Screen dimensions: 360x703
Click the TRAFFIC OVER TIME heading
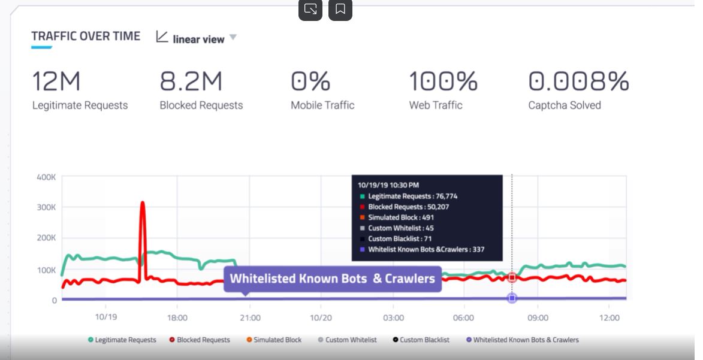[86, 37]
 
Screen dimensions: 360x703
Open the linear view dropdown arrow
[233, 37]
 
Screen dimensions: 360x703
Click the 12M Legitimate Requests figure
[56, 81]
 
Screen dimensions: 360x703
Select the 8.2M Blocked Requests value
[191, 81]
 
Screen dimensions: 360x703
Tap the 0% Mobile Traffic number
[310, 81]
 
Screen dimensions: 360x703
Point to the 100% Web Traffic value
[443, 81]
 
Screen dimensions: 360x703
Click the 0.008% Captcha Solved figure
[578, 81]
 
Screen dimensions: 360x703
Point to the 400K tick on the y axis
[46, 177]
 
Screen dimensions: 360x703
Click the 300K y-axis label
[46, 207]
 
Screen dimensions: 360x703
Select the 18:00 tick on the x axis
[177, 317]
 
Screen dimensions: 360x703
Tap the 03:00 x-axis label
[393, 317]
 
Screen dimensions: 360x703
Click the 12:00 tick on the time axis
[609, 317]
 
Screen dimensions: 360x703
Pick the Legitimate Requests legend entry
[122, 340]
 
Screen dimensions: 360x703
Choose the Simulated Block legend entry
[274, 340]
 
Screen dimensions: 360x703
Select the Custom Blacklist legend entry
[421, 340]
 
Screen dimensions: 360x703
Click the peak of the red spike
[143, 204]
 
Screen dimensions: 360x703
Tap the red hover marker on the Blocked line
[512, 277]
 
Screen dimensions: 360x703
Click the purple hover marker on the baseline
[512, 298]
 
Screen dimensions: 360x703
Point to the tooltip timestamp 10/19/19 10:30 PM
[388, 185]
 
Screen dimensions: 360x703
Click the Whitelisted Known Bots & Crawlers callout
[332, 279]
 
